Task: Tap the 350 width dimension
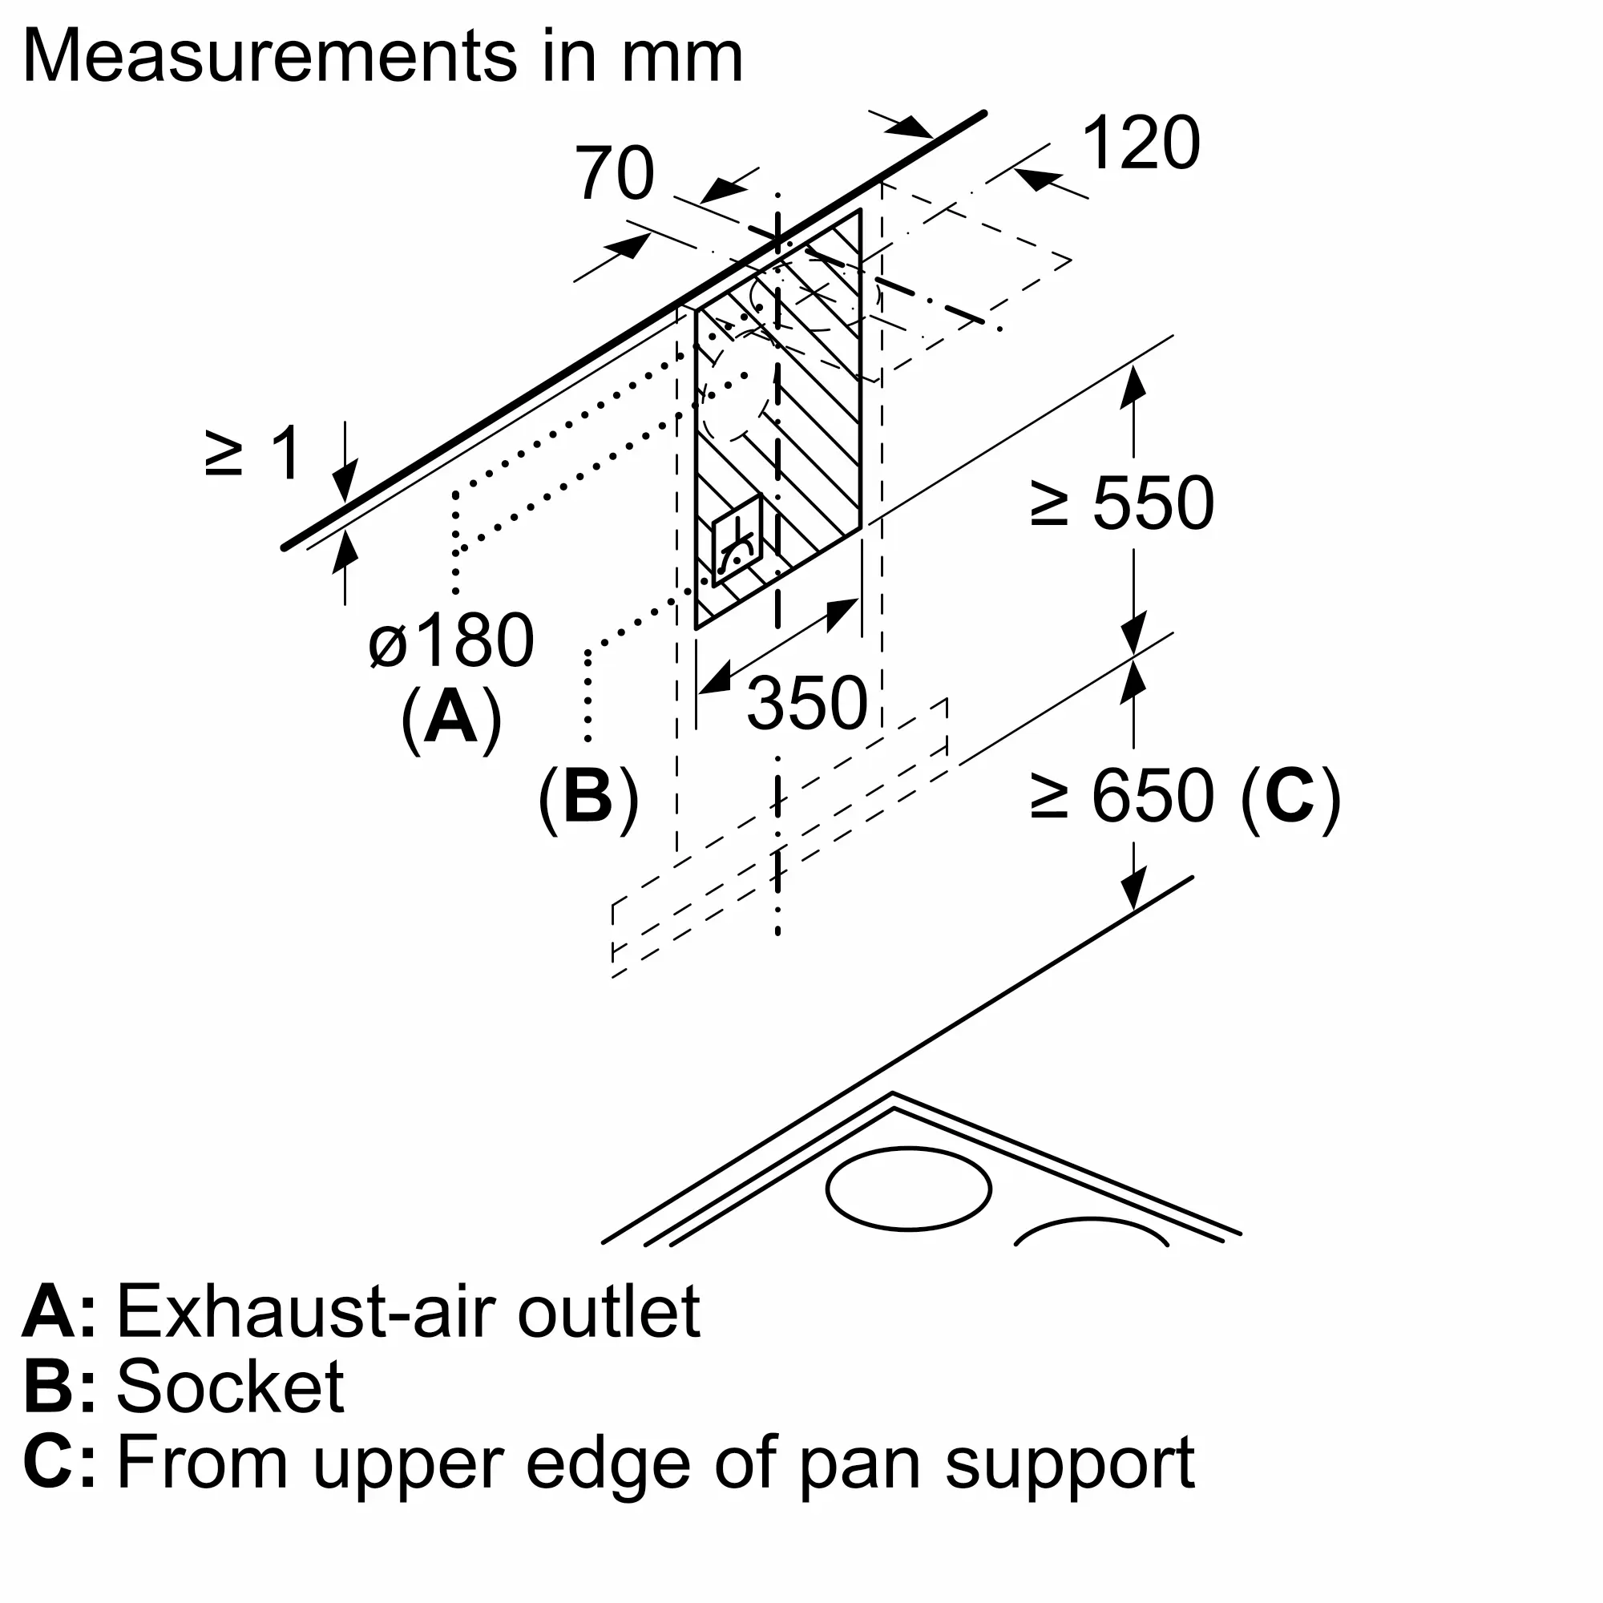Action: pos(806,704)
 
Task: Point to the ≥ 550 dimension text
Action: pos(1122,503)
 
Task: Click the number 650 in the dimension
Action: pos(1153,796)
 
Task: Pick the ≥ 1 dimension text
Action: pos(253,454)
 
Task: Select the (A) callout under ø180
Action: pos(451,717)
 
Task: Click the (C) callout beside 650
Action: pos(1291,796)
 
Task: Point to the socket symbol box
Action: pos(737,540)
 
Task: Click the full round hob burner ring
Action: pos(909,1188)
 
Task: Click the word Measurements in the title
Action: pos(269,56)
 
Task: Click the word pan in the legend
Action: pos(859,1463)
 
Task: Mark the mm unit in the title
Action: pos(682,56)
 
